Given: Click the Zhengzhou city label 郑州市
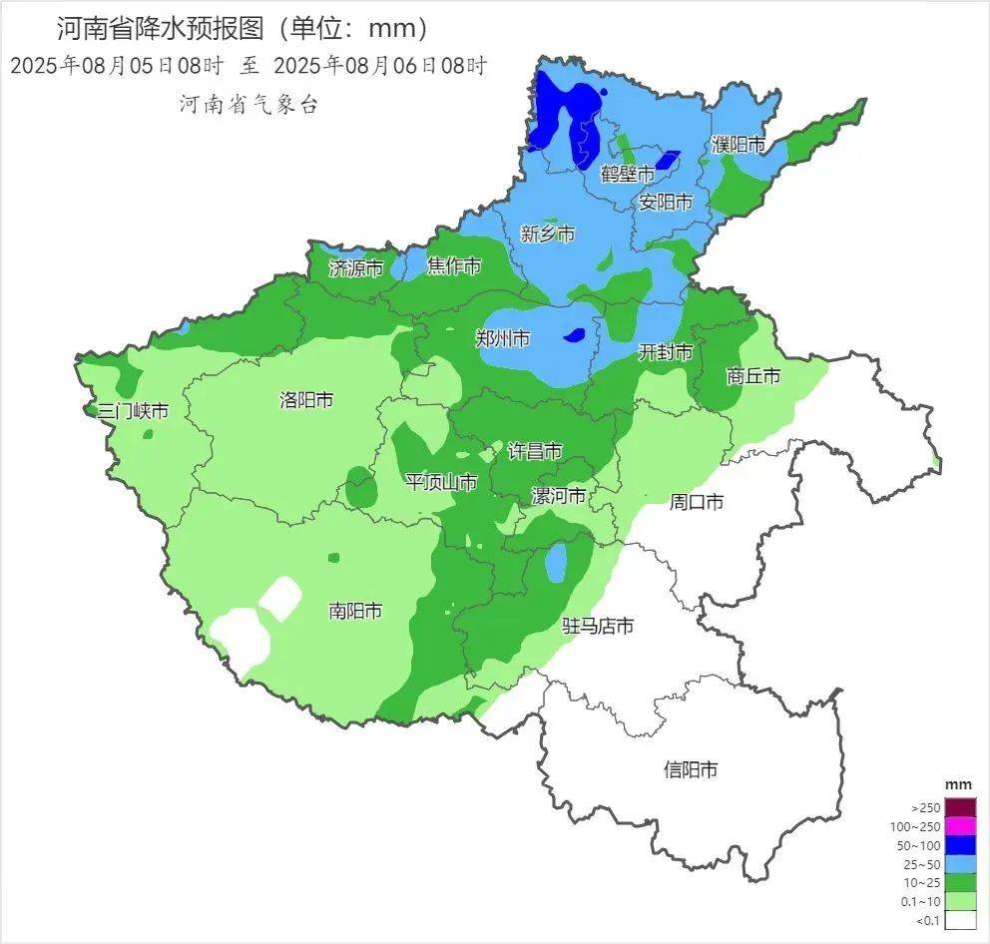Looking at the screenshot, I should click(502, 338).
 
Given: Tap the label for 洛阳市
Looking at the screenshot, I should click(305, 400).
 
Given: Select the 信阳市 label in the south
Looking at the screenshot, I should click(691, 769).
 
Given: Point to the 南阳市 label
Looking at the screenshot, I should click(355, 611).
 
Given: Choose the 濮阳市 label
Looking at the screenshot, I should click(739, 145).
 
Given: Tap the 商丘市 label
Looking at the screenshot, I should click(752, 376).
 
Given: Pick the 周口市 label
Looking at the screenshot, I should click(696, 502).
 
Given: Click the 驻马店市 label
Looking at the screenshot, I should click(598, 626).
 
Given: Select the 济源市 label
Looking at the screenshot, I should click(356, 267).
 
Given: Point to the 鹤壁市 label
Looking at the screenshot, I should click(628, 174).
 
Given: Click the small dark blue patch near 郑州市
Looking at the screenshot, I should click(574, 335).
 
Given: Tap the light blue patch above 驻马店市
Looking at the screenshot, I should click(556, 563).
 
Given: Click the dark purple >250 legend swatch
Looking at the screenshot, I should click(960, 807).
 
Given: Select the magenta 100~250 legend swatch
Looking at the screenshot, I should click(960, 826).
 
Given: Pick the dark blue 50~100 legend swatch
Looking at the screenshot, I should click(960, 845).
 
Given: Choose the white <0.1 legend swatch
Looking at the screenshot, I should click(960, 920).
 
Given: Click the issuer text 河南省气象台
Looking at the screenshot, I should click(248, 105).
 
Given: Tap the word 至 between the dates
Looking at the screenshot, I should click(248, 67).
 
